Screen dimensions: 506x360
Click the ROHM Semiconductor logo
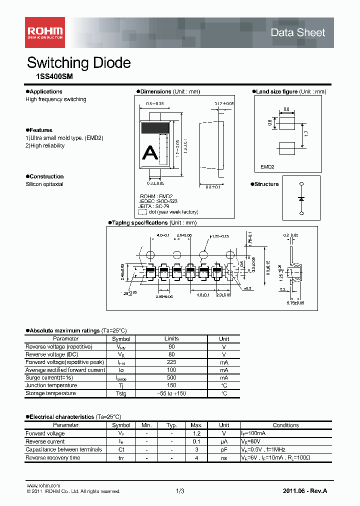pyautogui.click(x=44, y=32)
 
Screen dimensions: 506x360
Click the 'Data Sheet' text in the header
pyautogui.click(x=297, y=32)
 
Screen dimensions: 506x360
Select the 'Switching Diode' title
pyautogui.click(x=78, y=63)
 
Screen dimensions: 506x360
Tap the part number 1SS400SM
pyautogui.click(x=51, y=77)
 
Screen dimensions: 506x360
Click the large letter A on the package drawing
pyautogui.click(x=150, y=152)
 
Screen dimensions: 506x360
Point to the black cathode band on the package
pyautogui.click(x=156, y=127)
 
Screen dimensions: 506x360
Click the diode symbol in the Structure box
pyautogui.click(x=301, y=198)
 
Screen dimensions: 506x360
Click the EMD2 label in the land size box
pyautogui.click(x=267, y=167)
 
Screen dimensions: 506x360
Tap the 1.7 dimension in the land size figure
pyautogui.click(x=305, y=134)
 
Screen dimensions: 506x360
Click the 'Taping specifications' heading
pyautogui.click(x=139, y=222)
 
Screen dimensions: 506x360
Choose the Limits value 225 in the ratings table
pyautogui.click(x=171, y=362)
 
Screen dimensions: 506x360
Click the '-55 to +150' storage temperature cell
pyautogui.click(x=171, y=393)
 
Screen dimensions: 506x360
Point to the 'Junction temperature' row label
pyautogui.click(x=51, y=385)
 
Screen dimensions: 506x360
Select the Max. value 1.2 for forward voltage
pyautogui.click(x=196, y=433)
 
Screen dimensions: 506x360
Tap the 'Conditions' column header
pyautogui.click(x=285, y=425)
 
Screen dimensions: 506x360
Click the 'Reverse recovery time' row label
pyautogui.click(x=52, y=457)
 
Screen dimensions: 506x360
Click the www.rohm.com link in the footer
pyautogui.click(x=43, y=486)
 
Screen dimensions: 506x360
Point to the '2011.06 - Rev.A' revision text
pyautogui.click(x=304, y=491)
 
